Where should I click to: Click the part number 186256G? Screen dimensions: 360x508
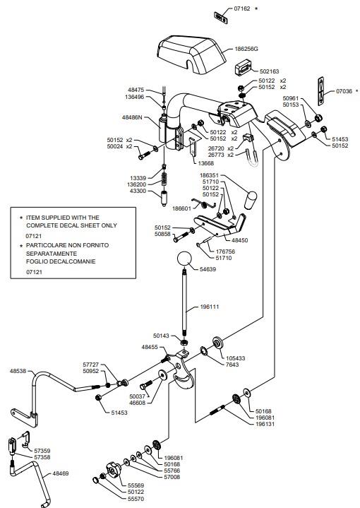tap(246, 49)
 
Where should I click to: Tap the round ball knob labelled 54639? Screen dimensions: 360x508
tap(184, 259)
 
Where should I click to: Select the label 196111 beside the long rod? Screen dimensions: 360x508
tap(210, 307)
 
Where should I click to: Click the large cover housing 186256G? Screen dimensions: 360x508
tap(191, 54)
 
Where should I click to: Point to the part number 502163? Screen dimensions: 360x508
tap(269, 71)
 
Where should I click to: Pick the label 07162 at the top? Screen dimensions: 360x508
tap(242, 8)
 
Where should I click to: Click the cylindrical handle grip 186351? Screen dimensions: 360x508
tap(251, 200)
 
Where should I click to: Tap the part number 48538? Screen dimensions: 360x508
tap(18, 371)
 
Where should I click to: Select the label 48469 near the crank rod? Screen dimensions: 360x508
tap(61, 473)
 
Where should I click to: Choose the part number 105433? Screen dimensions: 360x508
tap(235, 358)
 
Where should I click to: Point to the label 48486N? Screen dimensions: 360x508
tap(132, 117)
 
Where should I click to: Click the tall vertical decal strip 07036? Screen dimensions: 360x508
tap(320, 91)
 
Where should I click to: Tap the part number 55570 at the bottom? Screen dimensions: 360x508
tap(136, 499)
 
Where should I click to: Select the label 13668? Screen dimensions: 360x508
tap(206, 163)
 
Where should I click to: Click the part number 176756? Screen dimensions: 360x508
tap(225, 252)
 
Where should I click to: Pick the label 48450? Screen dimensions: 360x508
tap(240, 240)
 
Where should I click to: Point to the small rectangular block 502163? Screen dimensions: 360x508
tap(243, 67)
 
